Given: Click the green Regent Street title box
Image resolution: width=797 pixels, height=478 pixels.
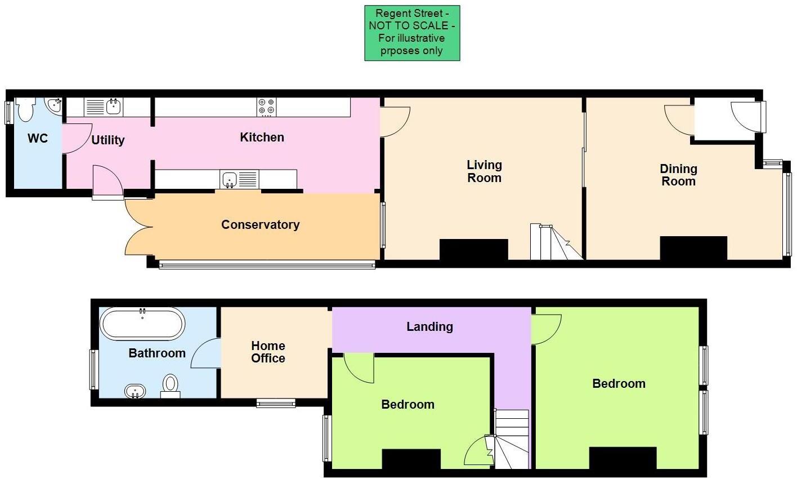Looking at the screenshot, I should [x=412, y=33].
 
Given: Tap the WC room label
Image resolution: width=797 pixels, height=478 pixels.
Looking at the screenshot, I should [x=38, y=138].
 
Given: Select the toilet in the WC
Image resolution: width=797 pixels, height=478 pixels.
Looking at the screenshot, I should [x=25, y=109].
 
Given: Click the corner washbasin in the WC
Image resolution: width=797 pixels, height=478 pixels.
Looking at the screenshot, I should [x=55, y=105].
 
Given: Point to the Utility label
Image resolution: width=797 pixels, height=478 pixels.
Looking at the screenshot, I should [x=108, y=140].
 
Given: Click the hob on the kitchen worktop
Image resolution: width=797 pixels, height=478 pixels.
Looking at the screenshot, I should [x=267, y=107].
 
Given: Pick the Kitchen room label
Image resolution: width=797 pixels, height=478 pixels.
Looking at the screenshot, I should [x=262, y=137].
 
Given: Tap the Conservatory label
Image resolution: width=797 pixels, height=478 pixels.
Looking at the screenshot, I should [x=260, y=224].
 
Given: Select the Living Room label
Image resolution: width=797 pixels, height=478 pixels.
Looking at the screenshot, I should [x=484, y=171].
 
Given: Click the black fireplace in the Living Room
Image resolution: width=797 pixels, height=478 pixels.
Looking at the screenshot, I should [x=473, y=249].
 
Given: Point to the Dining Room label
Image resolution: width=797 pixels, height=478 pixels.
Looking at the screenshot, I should [x=678, y=175].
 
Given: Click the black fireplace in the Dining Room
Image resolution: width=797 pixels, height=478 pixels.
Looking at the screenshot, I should [x=693, y=248].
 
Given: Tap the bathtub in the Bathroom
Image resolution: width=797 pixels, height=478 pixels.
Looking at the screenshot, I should [x=142, y=323].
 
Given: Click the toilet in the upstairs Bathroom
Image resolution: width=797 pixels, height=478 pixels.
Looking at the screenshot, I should [x=170, y=386].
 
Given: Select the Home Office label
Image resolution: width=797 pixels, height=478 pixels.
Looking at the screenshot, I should [x=268, y=352].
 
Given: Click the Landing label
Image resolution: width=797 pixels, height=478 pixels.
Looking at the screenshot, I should [x=429, y=326].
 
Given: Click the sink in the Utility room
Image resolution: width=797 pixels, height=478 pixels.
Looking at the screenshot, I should [x=114, y=106].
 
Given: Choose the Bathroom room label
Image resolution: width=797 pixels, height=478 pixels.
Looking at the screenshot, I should [x=157, y=353].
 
